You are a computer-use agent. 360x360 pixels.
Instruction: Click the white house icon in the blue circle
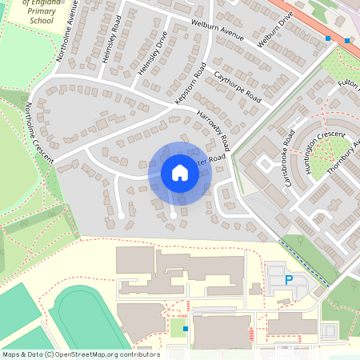pos(180,173)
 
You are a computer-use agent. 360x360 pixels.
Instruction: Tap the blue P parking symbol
pos(289,281)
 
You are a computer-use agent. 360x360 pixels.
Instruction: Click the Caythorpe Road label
pos(238,87)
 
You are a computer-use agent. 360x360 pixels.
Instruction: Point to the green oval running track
pos(88,321)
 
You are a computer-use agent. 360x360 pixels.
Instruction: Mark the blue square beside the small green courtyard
pos(186,329)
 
